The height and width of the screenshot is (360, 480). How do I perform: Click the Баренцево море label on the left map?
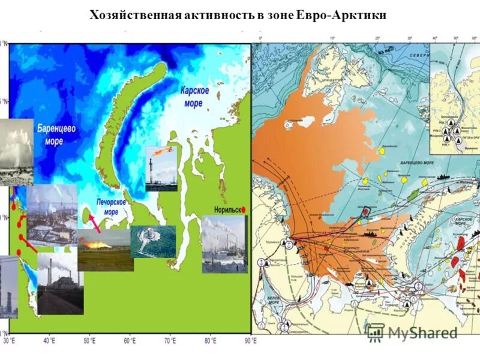tap(62, 134)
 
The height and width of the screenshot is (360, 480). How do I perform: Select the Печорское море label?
tap(111, 207)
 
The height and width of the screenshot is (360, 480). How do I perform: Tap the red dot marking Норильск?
tap(244, 210)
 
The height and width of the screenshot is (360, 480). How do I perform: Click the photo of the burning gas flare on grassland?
tap(105, 250)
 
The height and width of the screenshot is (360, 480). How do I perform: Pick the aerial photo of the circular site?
tap(153, 241)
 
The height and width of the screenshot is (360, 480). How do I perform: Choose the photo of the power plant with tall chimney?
tap(59, 283)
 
